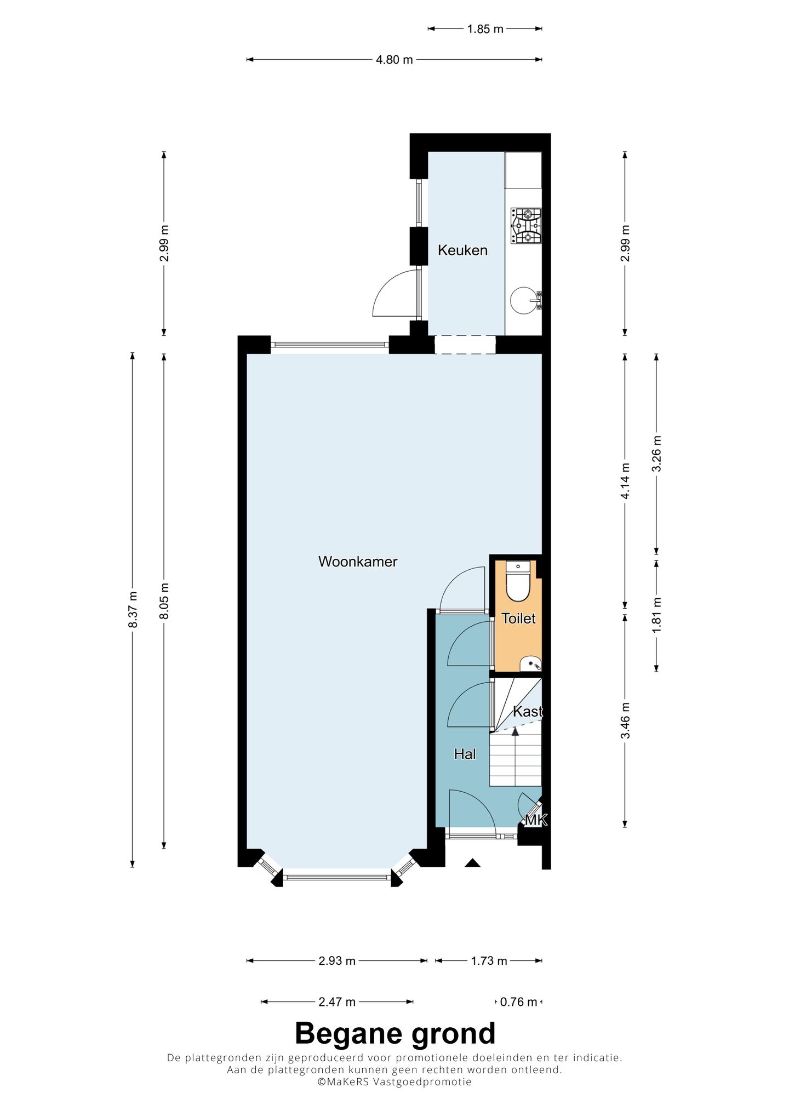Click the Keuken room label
[x=462, y=250]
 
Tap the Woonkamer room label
[x=358, y=562]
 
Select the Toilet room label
[x=518, y=619]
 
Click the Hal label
[x=465, y=754]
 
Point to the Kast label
[x=527, y=711]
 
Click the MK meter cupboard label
[x=536, y=820]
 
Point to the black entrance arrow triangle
[x=473, y=862]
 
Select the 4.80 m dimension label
[x=394, y=60]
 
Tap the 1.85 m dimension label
[x=485, y=29]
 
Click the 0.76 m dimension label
[x=519, y=1002]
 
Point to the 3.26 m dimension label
[x=657, y=453]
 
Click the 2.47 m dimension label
[x=337, y=1002]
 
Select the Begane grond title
[x=395, y=1034]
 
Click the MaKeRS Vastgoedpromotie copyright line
[x=395, y=1082]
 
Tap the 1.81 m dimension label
[x=657, y=614]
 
